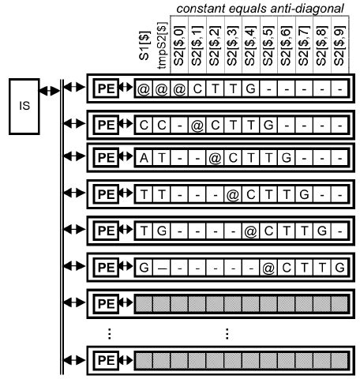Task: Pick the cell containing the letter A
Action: [144, 158]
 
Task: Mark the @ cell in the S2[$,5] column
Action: [268, 267]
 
